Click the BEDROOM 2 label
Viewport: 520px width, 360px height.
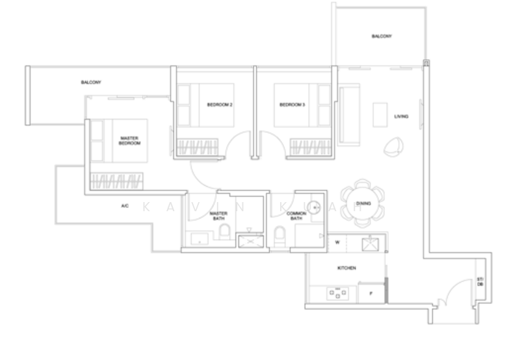point(220,105)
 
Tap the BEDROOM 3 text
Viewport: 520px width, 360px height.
point(292,105)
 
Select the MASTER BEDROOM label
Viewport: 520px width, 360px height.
point(129,140)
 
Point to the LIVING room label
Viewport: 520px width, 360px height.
point(401,117)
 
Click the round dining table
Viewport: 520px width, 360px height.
point(363,204)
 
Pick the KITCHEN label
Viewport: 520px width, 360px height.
point(346,268)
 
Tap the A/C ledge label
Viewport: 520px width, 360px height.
point(125,206)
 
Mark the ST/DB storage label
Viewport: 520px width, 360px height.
point(480,282)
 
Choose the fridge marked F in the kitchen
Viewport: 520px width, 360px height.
point(370,293)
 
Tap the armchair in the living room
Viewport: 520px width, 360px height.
point(393,148)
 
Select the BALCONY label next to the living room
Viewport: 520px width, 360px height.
point(382,37)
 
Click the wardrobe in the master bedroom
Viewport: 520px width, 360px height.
point(116,181)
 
